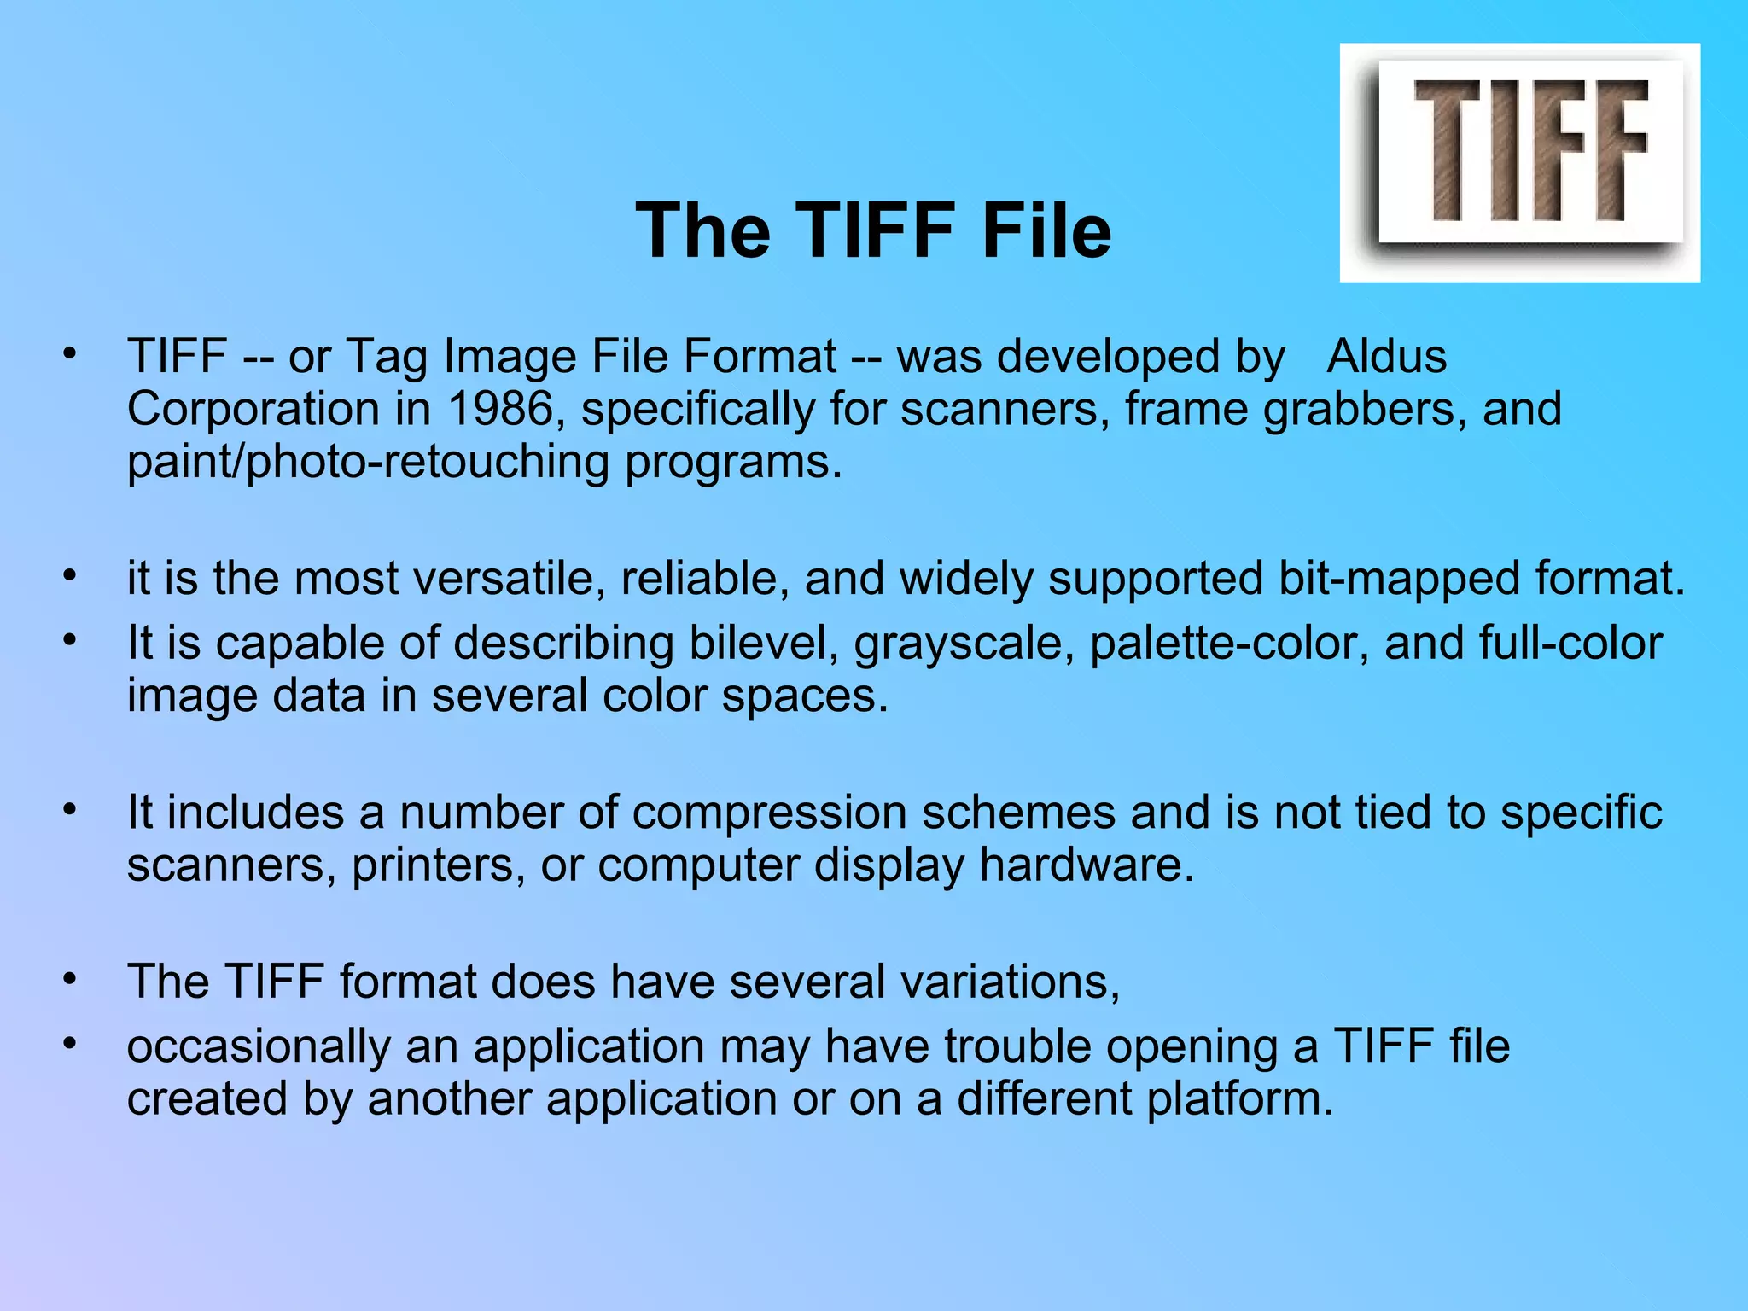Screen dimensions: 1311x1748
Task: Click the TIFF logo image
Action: tap(1519, 162)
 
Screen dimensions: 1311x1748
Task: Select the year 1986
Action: tap(500, 409)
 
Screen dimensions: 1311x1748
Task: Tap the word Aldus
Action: tap(1386, 356)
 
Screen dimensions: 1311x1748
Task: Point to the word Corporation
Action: tap(253, 409)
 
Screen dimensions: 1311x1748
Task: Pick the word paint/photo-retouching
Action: tap(368, 462)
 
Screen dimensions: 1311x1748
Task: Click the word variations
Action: tap(1010, 981)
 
